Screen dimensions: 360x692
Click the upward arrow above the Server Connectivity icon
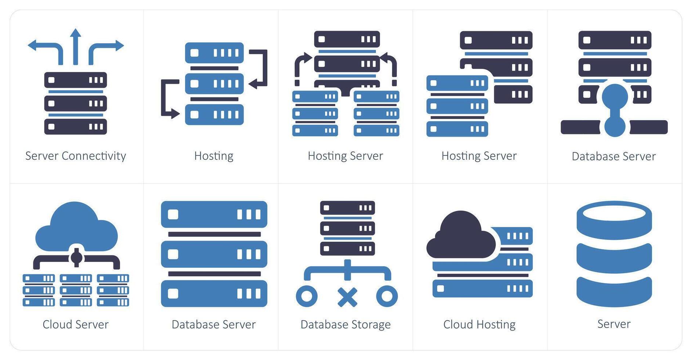(x=76, y=46)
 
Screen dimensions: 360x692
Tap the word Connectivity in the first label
(x=94, y=156)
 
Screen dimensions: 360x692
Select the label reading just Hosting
(x=214, y=156)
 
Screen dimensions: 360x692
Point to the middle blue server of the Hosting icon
(x=214, y=84)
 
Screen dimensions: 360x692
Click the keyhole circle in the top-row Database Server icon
(x=615, y=97)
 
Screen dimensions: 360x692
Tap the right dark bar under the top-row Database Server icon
(x=649, y=127)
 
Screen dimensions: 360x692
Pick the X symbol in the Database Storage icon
(x=347, y=297)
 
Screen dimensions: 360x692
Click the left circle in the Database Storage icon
(x=307, y=296)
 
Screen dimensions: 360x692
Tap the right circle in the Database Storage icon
(x=387, y=296)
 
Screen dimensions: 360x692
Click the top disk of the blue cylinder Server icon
(x=614, y=219)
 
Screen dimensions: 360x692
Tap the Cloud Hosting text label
(x=479, y=325)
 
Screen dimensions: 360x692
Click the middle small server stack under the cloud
(x=76, y=290)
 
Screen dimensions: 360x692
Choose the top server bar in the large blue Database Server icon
(x=214, y=214)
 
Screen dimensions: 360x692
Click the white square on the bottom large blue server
(x=173, y=294)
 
